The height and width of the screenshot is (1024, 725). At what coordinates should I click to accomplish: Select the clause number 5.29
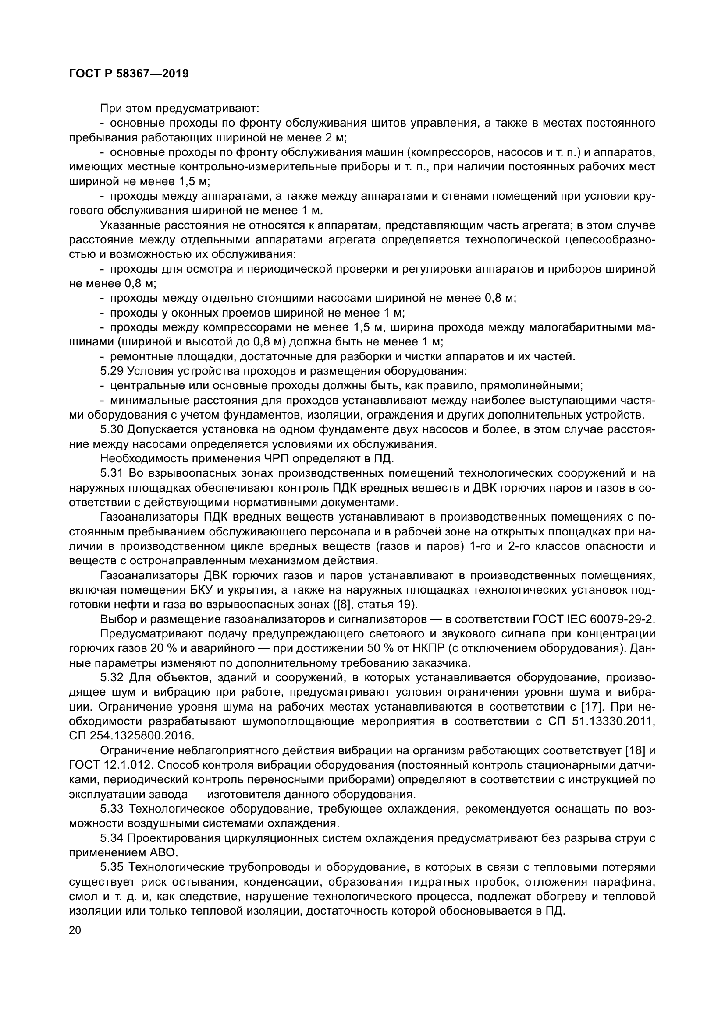(112, 371)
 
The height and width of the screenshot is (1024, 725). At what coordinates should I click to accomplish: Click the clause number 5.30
(112, 429)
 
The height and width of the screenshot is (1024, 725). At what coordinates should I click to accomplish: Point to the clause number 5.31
(112, 473)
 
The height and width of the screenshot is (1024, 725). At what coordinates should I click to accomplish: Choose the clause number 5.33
(112, 809)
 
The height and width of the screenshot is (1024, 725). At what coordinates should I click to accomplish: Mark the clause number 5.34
(112, 838)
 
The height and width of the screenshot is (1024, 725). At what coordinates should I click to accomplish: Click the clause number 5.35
(112, 867)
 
